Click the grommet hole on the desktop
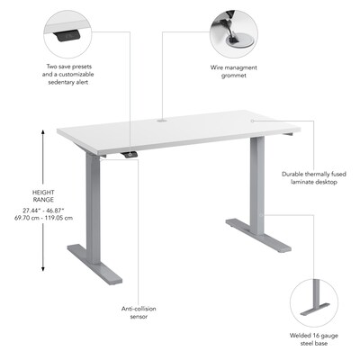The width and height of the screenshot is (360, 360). point(162,121)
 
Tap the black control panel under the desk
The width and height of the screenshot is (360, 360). point(129,154)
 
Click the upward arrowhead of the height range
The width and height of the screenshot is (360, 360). point(43,132)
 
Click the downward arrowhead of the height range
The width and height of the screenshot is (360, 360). point(43,269)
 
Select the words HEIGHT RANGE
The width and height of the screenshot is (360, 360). point(43,196)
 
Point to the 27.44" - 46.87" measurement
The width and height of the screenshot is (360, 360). point(43,211)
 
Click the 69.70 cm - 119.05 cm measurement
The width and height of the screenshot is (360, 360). point(43,218)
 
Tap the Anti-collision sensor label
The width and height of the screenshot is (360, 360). point(139,312)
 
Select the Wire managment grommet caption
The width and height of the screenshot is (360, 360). point(234,71)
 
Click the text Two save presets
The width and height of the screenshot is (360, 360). point(69,67)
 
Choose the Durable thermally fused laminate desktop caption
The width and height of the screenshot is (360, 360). point(314,178)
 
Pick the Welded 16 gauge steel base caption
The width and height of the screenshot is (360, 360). point(314,339)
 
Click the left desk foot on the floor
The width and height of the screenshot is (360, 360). point(94,264)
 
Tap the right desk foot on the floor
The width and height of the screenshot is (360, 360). point(258,236)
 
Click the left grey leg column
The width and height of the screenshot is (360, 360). point(94,207)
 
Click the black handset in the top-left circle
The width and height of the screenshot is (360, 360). point(67,36)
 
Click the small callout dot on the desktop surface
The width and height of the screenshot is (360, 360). point(252,121)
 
